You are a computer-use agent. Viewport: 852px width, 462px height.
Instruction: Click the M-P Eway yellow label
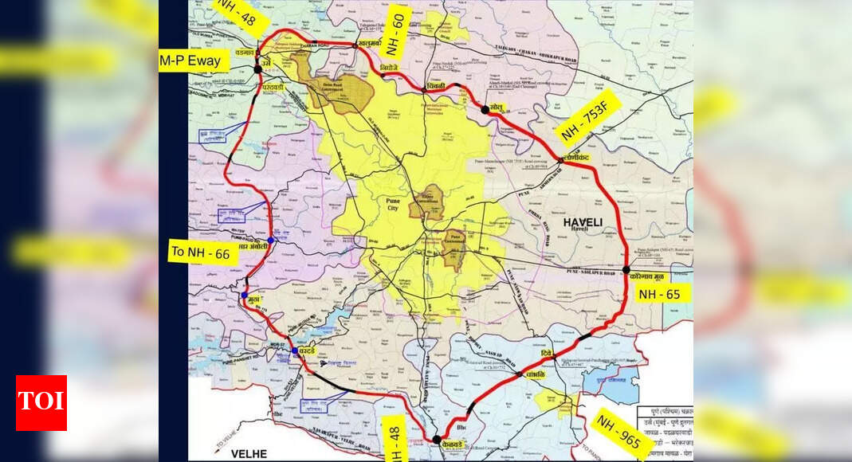coord(189,61)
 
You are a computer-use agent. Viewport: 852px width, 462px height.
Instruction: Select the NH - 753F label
coord(588,117)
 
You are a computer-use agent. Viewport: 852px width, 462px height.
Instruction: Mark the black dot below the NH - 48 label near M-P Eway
coord(257,69)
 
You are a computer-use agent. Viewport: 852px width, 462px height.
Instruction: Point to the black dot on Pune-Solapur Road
coord(627,269)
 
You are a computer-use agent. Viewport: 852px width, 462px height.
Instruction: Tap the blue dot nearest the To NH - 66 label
coord(271,240)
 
